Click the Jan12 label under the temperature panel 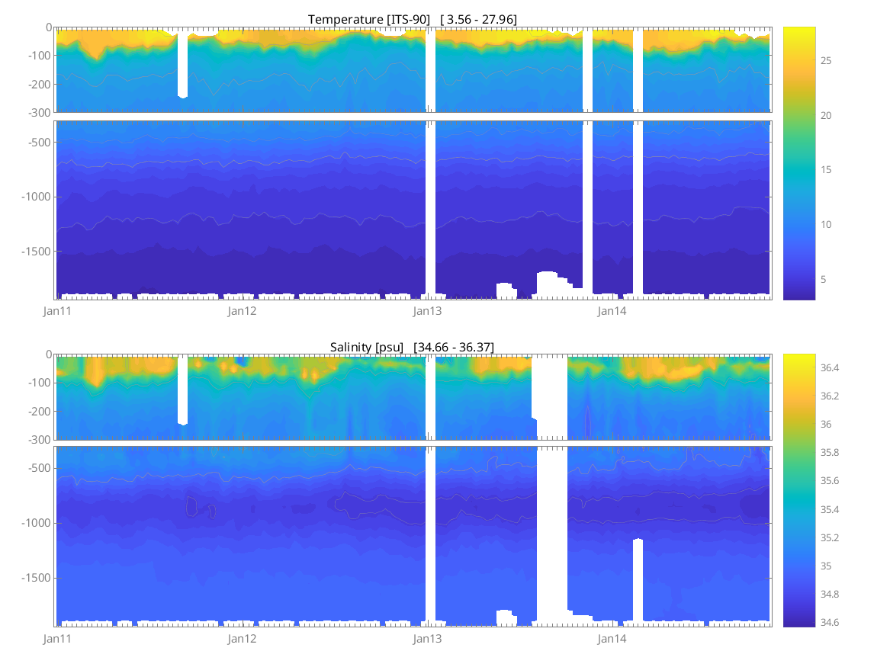(242, 311)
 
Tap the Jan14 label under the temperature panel (612, 311)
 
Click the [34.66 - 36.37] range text (453, 347)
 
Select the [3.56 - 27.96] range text (478, 19)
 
